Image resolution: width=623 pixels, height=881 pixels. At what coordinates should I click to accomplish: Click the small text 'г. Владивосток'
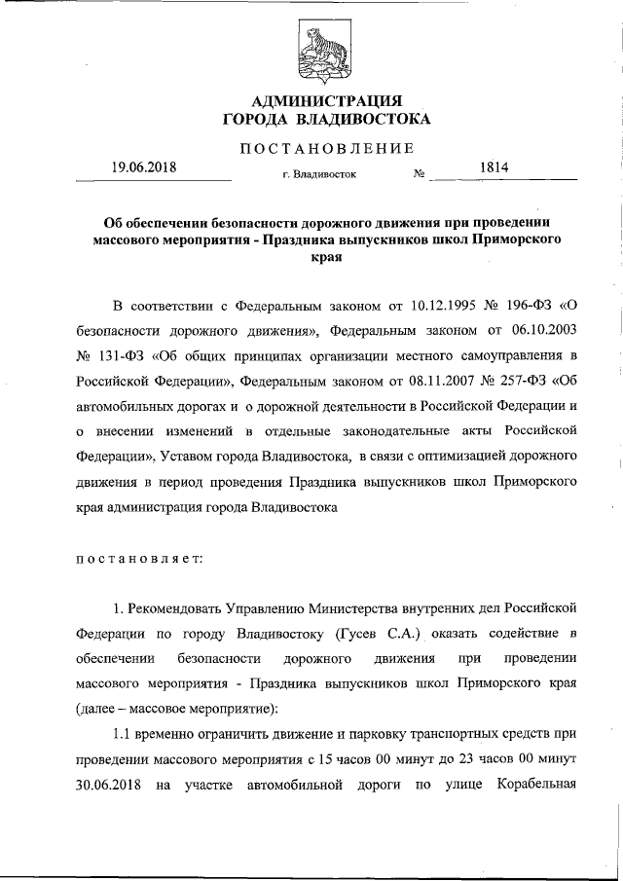pyautogui.click(x=318, y=176)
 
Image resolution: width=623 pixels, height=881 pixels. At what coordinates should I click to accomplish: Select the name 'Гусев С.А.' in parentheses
pyautogui.click(x=379, y=635)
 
